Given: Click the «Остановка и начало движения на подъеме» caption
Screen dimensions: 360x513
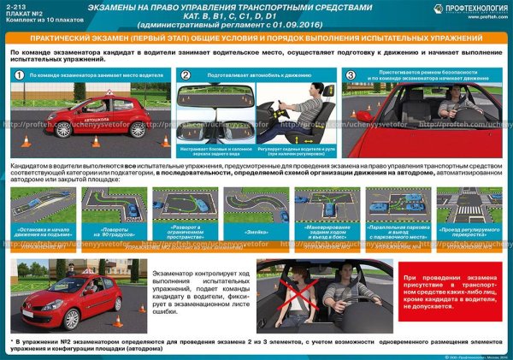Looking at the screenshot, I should pos(42,233).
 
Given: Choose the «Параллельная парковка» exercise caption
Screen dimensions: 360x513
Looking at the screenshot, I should pos(397,233).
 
